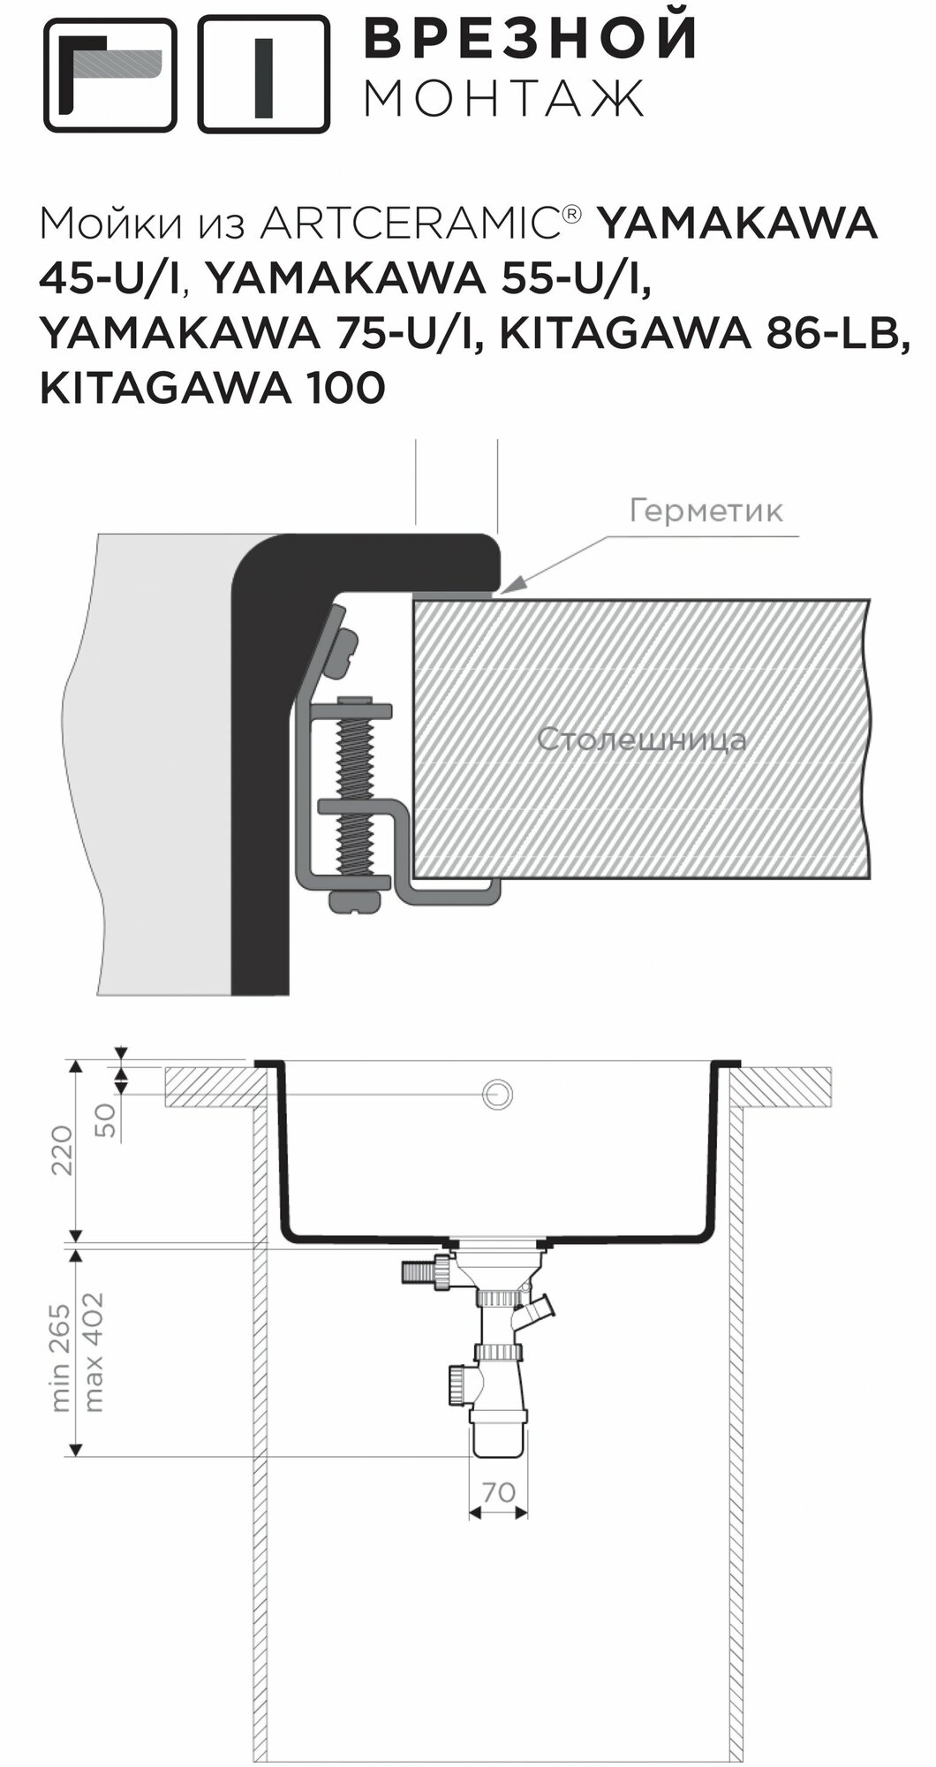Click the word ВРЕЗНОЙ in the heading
(x=532, y=38)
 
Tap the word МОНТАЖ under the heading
(x=504, y=100)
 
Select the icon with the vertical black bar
(x=263, y=75)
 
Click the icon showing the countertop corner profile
(x=110, y=75)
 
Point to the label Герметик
(x=706, y=511)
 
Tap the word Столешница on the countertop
(x=641, y=739)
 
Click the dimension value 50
(x=104, y=1119)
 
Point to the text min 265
(x=61, y=1356)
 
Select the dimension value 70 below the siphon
(x=499, y=1492)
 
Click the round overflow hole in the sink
(x=498, y=1094)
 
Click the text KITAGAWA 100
(x=212, y=387)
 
